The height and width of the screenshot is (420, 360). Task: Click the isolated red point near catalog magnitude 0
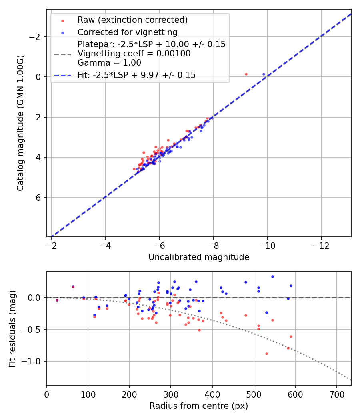[x=246, y=74]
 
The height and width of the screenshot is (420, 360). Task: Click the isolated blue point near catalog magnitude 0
[x=264, y=74]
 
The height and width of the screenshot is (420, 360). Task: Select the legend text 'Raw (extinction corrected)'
[x=132, y=20]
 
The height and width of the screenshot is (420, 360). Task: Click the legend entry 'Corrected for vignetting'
[x=127, y=32]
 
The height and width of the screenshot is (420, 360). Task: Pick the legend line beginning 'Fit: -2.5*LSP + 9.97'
[x=136, y=75]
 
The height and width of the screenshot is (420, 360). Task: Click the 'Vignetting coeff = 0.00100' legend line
[x=134, y=54]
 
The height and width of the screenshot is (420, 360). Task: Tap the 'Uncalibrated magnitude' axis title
[x=199, y=257]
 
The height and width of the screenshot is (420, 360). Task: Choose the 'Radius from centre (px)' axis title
[x=199, y=406]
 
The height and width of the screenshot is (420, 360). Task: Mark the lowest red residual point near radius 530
[x=266, y=354]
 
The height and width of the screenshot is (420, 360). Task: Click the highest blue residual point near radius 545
[x=272, y=276]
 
